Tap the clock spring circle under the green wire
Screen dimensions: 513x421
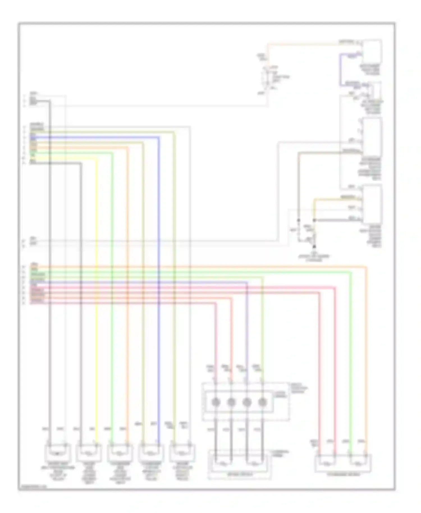click(262, 402)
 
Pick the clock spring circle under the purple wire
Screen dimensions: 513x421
click(247, 402)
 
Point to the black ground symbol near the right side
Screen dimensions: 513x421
click(314, 246)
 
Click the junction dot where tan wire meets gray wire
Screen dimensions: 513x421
click(314, 220)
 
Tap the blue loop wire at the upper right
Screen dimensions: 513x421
click(340, 70)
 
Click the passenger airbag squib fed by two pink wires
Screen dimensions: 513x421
click(327, 462)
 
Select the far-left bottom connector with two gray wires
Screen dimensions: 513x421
click(58, 452)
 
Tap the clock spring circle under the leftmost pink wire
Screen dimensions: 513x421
click(216, 402)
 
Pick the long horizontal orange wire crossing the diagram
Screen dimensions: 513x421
click(196, 265)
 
